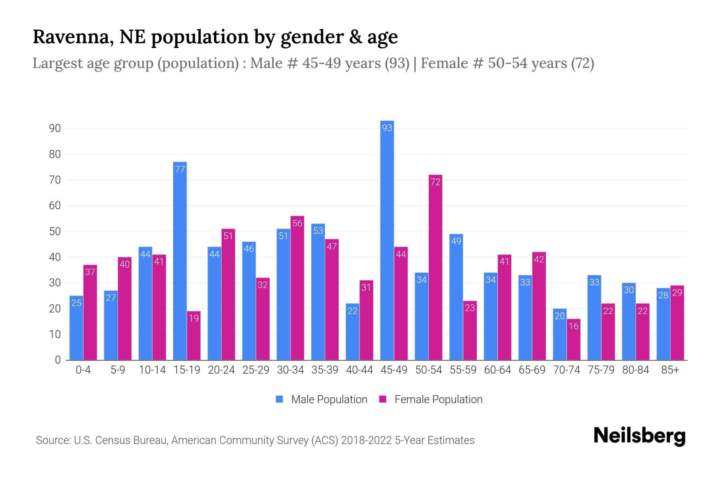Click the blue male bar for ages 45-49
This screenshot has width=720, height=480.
click(387, 240)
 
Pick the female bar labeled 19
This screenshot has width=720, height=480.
click(194, 336)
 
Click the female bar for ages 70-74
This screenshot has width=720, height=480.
click(574, 340)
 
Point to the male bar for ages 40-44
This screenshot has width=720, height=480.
click(352, 332)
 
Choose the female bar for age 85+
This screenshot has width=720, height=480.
click(677, 323)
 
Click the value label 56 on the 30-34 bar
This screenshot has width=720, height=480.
click(297, 223)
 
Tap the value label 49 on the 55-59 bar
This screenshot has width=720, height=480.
click(456, 241)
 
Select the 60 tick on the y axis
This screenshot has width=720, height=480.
click(55, 206)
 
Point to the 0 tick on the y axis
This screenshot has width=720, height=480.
click(58, 360)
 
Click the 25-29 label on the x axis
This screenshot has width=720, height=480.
click(256, 370)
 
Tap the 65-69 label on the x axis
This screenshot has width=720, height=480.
click(532, 370)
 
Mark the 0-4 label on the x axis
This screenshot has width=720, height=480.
click(83, 370)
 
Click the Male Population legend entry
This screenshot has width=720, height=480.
click(329, 400)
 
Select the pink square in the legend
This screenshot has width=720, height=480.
click(383, 399)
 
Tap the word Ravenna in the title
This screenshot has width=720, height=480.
click(70, 37)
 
